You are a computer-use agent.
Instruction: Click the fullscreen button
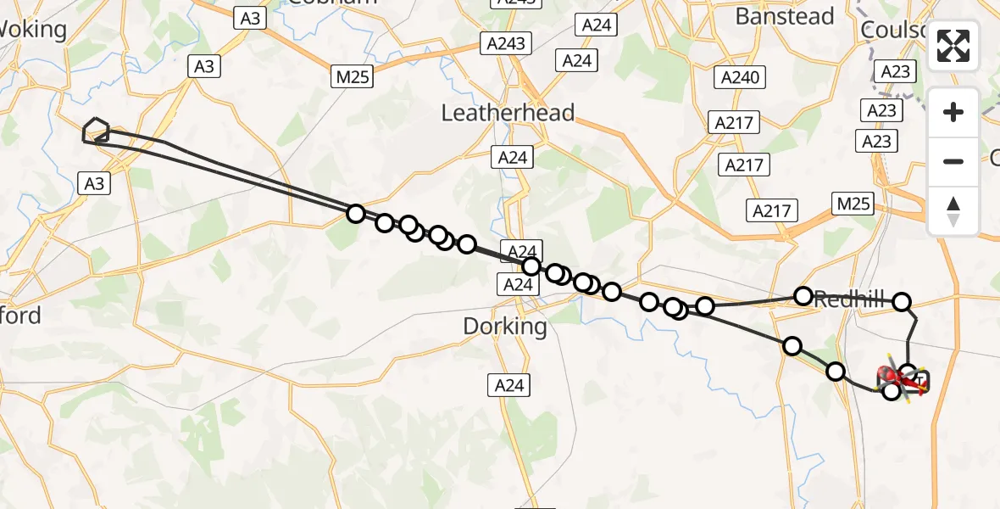point(953,46)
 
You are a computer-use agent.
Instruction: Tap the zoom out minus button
point(953,161)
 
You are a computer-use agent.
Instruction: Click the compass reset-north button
point(953,211)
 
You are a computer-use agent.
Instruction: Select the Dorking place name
point(507,326)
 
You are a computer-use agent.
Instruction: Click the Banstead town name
point(785,16)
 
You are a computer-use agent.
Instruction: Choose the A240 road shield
point(740,78)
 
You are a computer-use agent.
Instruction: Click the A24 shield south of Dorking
point(509,385)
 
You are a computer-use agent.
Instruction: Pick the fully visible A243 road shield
point(506,43)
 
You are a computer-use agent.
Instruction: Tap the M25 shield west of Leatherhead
point(353,77)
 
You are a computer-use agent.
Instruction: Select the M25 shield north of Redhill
point(853,204)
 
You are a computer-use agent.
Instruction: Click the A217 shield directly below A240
point(734,123)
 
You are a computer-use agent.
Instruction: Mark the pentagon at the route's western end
point(97,130)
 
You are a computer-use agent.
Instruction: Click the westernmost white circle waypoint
point(356,214)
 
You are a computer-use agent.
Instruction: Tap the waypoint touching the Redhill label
point(803,296)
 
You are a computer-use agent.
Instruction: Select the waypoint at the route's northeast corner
point(902,301)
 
